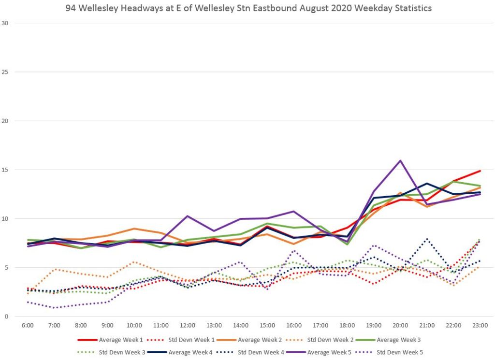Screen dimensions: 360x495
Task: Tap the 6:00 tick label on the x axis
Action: tap(28, 326)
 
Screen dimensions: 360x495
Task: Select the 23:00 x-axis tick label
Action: tap(480, 326)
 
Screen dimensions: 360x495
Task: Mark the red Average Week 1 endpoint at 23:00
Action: tap(480, 171)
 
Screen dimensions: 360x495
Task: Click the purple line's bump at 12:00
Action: tap(188, 216)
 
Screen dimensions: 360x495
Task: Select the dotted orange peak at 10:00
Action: tap(134, 262)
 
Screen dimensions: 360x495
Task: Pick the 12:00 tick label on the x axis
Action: tap(188, 326)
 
